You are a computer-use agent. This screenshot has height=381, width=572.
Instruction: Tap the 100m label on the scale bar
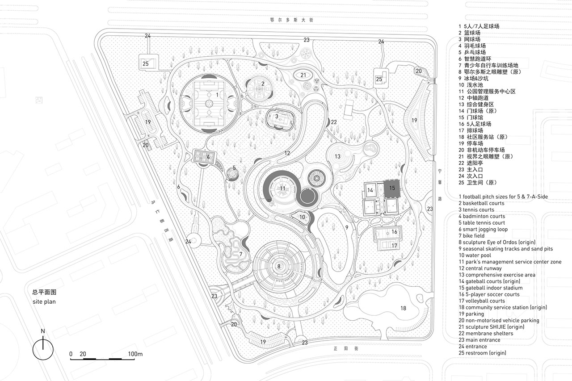[x=135, y=354]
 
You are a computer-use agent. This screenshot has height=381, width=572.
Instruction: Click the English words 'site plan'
[x=44, y=302]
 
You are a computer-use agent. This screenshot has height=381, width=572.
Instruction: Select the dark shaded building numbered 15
[x=391, y=189]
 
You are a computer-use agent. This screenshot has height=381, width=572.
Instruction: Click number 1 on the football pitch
[x=217, y=95]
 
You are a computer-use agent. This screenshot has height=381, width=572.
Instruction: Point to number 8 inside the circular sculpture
[x=279, y=266]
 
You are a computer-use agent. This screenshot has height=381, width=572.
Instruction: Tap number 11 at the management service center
[x=282, y=188]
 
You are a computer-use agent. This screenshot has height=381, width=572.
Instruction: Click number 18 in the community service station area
[x=403, y=308]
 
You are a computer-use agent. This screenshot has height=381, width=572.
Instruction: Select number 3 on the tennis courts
[x=277, y=116]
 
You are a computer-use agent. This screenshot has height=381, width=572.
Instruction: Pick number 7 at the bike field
[x=240, y=254]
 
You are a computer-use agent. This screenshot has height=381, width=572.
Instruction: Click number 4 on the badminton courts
[x=208, y=157]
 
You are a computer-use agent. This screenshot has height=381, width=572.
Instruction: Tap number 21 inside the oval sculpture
[x=303, y=75]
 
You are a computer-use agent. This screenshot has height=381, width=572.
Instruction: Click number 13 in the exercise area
[x=338, y=156]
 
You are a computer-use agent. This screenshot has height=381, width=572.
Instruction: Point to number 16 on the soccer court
[x=394, y=232]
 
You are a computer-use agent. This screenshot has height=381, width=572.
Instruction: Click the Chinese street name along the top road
[x=286, y=20]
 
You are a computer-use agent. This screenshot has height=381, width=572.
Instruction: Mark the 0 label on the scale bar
[x=71, y=354]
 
